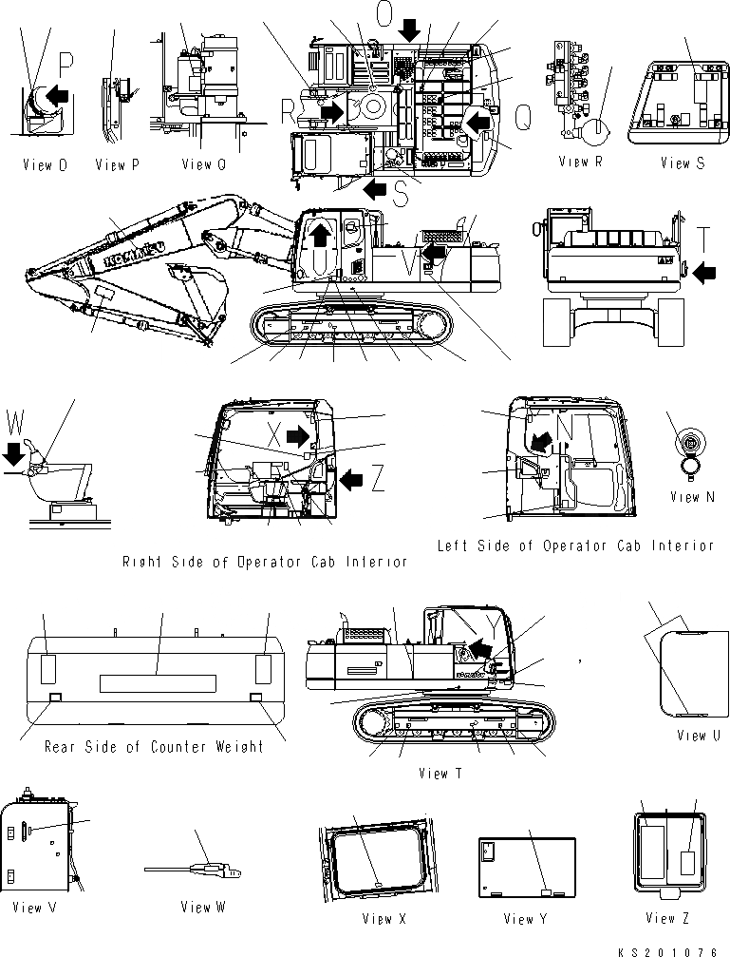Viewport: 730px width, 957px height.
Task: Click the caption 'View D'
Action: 45,165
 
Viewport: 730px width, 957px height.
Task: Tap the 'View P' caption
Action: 117,165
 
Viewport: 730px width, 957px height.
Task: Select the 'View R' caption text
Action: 580,163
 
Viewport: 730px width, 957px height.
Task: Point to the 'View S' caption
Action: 683,163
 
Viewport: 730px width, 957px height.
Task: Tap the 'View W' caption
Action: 202,907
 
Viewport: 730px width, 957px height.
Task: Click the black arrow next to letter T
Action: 704,274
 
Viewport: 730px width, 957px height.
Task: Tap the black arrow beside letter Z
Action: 351,480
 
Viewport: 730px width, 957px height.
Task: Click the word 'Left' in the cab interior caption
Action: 454,545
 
